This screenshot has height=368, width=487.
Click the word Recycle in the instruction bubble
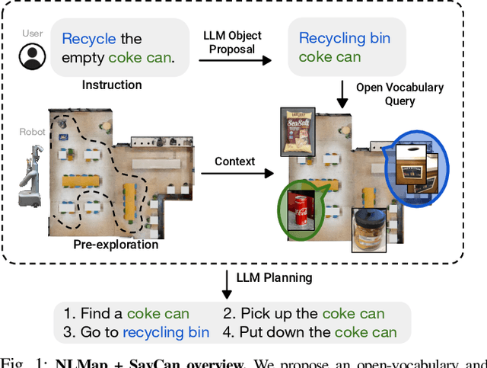[89, 38]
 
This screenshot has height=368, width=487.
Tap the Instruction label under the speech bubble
[113, 85]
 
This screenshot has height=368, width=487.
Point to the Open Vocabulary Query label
[399, 94]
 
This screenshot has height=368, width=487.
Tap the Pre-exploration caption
[116, 245]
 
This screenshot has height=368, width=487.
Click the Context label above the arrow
[234, 162]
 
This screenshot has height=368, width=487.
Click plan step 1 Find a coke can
[126, 313]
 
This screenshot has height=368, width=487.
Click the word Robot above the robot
[32, 131]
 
